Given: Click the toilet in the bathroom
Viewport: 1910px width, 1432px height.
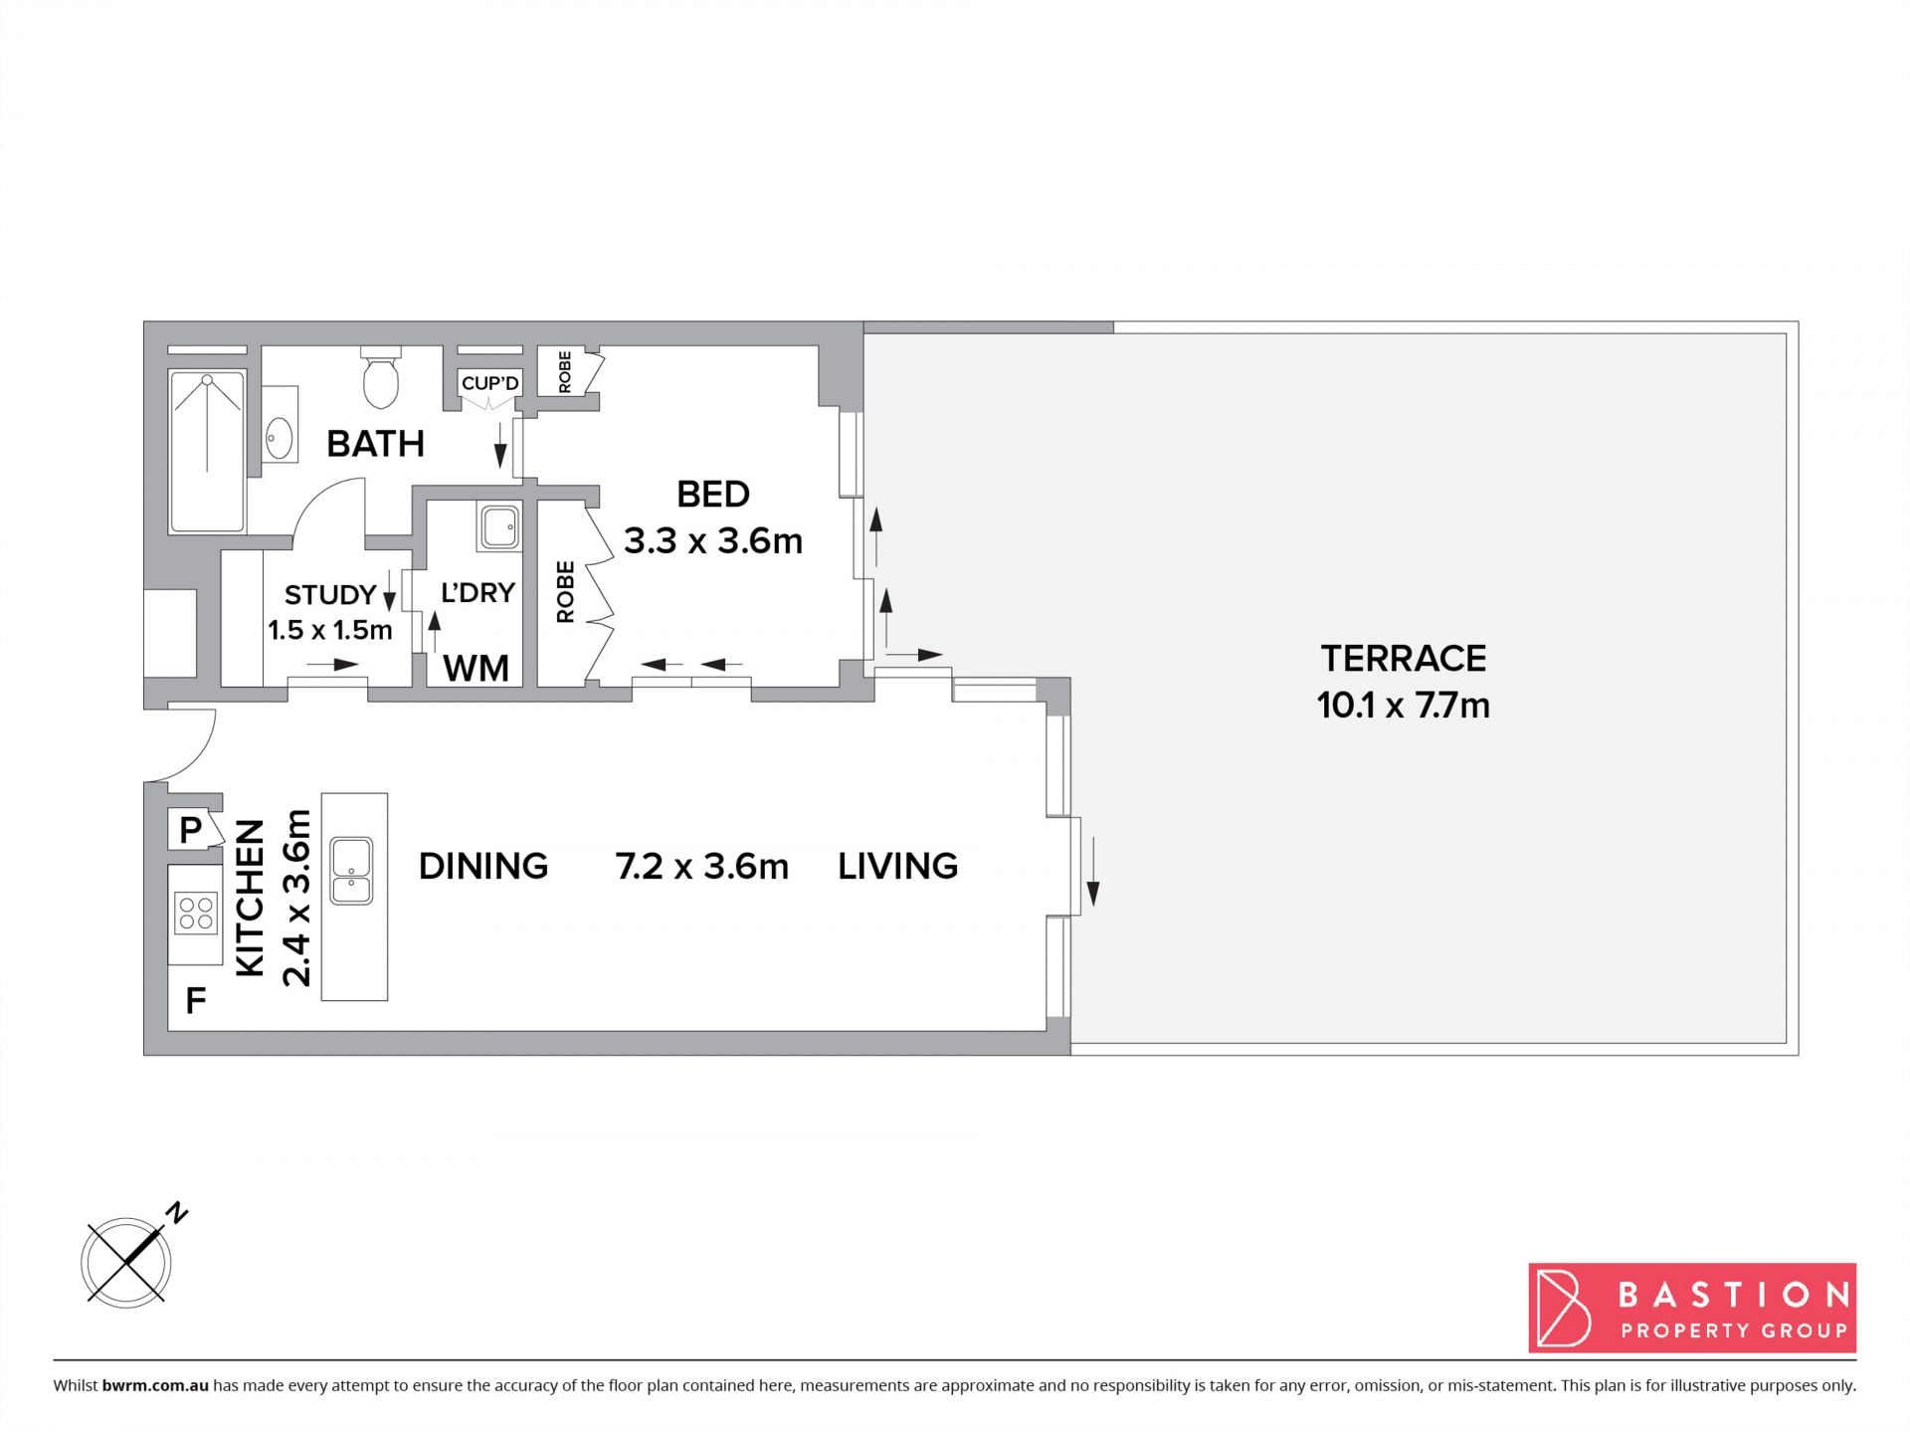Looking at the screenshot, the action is coord(381,377).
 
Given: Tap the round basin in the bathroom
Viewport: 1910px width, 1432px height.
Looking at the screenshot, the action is coord(280,437).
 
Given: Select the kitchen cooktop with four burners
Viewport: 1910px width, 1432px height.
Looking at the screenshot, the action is coord(195,914).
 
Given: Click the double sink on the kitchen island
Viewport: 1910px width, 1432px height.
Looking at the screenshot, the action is coord(351,870).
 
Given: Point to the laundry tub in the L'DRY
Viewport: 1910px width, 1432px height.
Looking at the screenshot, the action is coord(498,525).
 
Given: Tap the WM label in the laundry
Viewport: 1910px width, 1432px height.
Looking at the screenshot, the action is coord(476,669).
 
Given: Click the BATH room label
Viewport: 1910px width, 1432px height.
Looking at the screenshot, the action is coord(375,444).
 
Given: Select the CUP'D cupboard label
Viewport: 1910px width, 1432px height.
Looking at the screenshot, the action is coord(489,383).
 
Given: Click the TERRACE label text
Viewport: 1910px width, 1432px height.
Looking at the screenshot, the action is coord(1403,658).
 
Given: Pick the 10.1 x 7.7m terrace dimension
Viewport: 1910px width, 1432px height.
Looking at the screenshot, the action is coord(1403,706).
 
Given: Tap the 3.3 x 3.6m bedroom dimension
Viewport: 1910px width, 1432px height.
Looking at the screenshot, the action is coord(712,540).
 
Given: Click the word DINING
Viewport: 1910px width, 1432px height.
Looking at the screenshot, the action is coord(483,866).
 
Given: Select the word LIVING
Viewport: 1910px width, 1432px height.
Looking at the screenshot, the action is coord(897,866).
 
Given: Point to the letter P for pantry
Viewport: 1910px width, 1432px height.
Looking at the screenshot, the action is coord(190,828).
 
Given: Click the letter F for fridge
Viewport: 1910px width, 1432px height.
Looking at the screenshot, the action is coord(196,999).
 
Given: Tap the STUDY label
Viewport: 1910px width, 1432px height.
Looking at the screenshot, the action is coord(330,595).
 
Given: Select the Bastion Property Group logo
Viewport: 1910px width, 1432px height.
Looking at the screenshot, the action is coord(1692,1308).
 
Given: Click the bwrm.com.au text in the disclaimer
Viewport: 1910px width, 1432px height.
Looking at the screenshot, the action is coord(155,1385).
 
